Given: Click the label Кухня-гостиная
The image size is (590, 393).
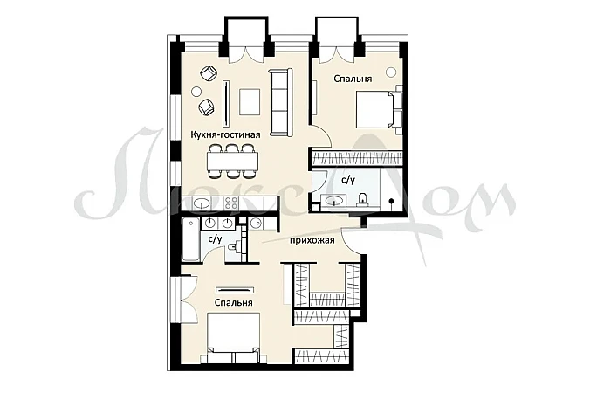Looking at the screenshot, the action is pyautogui.click(x=225, y=134).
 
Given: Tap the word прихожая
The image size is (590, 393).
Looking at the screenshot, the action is pyautogui.click(x=312, y=240).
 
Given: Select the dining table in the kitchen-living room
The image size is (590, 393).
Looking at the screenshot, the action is pyautogui.click(x=232, y=162).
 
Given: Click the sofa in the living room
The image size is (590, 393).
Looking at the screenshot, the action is pyautogui.click(x=280, y=102).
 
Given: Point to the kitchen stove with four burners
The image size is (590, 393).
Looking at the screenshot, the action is pyautogui.click(x=230, y=203).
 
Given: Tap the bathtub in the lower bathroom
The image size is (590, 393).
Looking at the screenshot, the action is pyautogui.click(x=191, y=239).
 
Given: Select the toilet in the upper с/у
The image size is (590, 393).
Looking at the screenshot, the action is pyautogui.click(x=362, y=199).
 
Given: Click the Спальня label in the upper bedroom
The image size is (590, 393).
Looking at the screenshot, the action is pyautogui.click(x=353, y=79).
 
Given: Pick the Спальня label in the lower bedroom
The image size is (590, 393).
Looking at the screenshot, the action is pyautogui.click(x=233, y=303).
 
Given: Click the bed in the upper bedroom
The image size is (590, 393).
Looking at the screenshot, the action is pyautogui.click(x=379, y=110).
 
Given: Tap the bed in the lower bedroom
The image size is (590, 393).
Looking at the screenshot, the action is pyautogui.click(x=234, y=338).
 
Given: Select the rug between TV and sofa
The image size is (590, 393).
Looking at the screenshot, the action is pyautogui.click(x=250, y=102).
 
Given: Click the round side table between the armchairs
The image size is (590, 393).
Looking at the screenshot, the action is pyautogui.click(x=196, y=91).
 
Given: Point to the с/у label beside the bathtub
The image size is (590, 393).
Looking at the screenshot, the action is pyautogui.click(x=216, y=238).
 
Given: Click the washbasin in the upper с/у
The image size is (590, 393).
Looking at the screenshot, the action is pyautogui.click(x=334, y=201).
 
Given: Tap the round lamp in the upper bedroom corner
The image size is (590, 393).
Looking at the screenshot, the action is pyautogui.click(x=391, y=72).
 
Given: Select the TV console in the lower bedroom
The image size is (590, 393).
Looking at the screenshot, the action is pyautogui.click(x=235, y=290).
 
